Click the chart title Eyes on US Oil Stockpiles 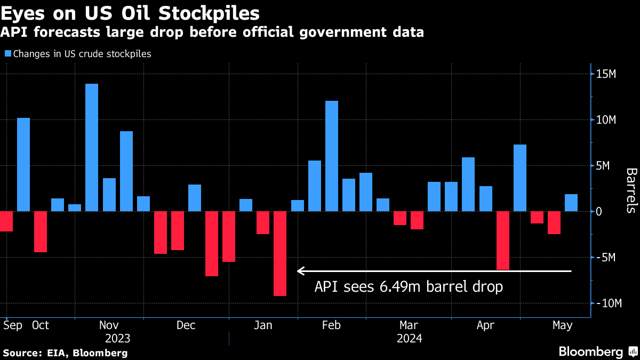pos(130,13)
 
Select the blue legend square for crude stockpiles pos(7,53)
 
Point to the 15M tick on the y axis pos(606,74)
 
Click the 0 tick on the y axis pos(599,211)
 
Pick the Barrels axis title pos(631,190)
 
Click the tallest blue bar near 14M pos(92,147)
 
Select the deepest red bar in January pos(280,253)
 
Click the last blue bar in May pos(571,203)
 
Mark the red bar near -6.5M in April pos(502,241)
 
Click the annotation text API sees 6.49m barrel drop pos(409,287)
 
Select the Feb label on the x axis pos(332,325)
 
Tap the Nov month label pos(109,325)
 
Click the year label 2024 pos(410,339)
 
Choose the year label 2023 pos(117,339)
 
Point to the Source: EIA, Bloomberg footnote pos(66,353)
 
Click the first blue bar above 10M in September pos(23,164)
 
